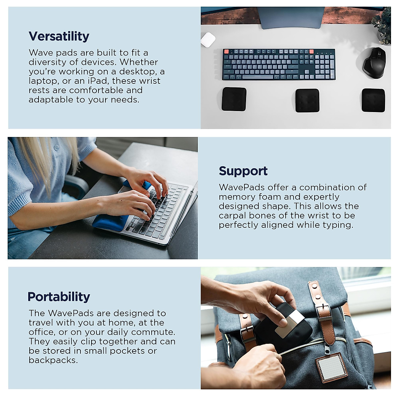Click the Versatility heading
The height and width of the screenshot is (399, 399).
point(59,36)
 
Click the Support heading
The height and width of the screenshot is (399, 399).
point(243,171)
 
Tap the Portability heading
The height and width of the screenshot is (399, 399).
point(59,297)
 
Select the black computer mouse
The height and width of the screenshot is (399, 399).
point(375,63)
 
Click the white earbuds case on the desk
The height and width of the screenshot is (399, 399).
point(208,39)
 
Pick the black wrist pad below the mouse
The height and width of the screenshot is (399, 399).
point(373,100)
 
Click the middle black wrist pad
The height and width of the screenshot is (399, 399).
point(307,100)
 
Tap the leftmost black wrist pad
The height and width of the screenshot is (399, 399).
point(234,99)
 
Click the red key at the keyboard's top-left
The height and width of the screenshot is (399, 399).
point(226,52)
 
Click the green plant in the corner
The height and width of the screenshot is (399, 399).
point(383,27)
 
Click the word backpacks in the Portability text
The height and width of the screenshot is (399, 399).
point(53,360)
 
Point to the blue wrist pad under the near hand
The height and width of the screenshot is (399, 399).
point(110,222)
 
